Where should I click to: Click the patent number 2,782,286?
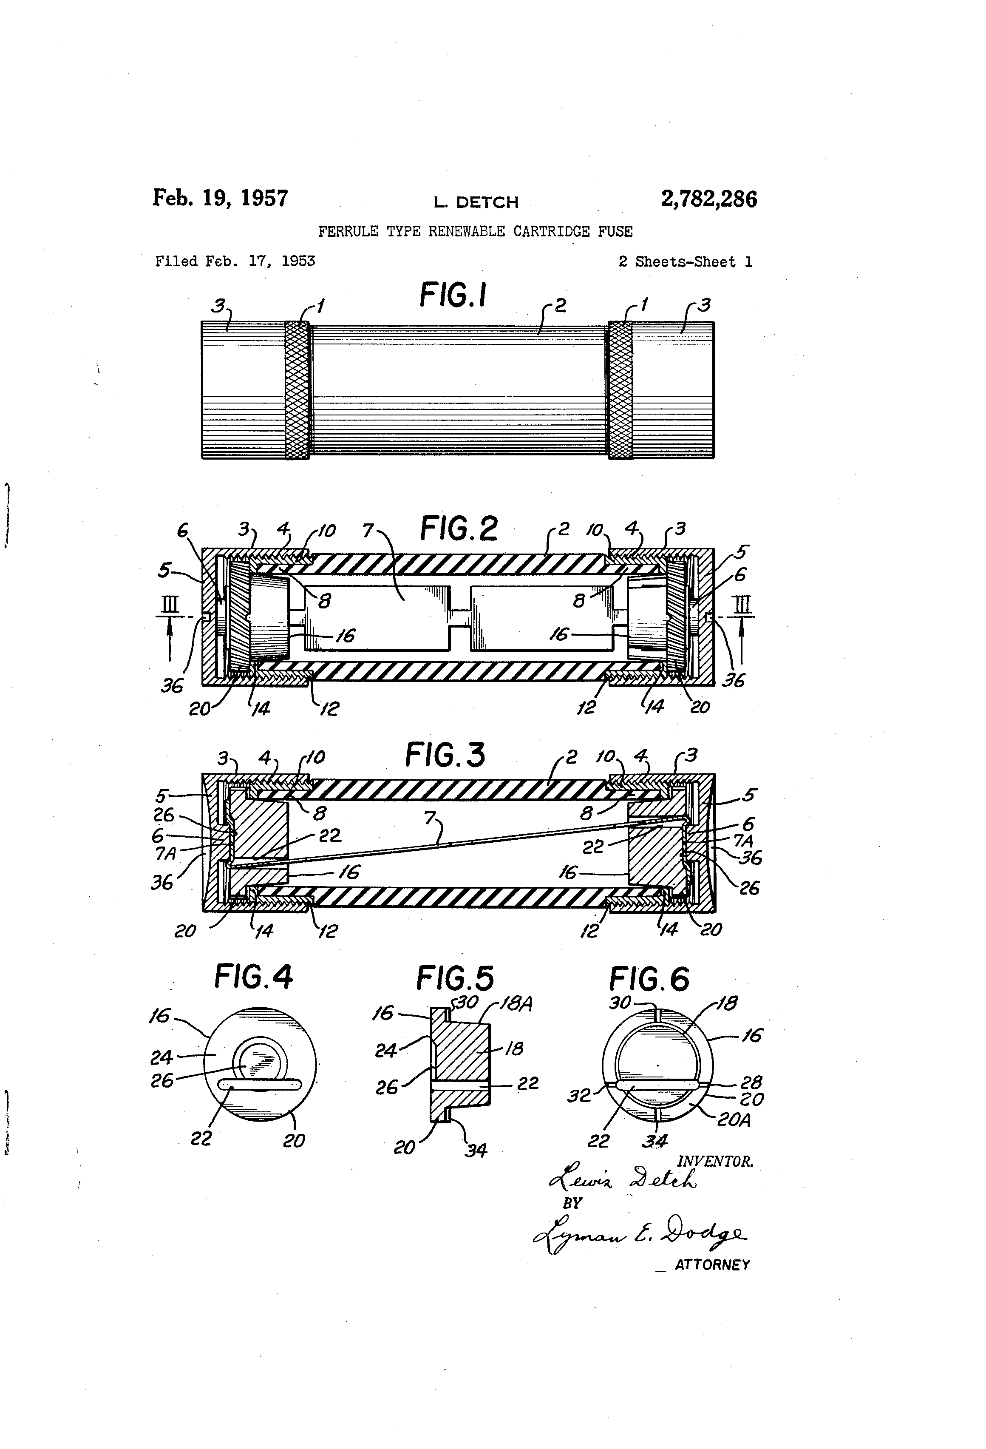(708, 199)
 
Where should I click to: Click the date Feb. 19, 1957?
(220, 198)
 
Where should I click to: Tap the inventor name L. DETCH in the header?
(476, 202)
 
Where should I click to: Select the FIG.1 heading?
(453, 295)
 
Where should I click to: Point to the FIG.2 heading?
(459, 529)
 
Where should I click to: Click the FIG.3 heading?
(445, 755)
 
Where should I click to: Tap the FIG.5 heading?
(455, 977)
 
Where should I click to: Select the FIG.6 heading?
(649, 979)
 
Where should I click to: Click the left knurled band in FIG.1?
(297, 390)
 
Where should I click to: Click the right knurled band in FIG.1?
(620, 390)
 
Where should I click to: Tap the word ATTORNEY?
(712, 1264)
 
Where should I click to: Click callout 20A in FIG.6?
(734, 1120)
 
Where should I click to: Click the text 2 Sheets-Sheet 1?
(685, 262)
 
